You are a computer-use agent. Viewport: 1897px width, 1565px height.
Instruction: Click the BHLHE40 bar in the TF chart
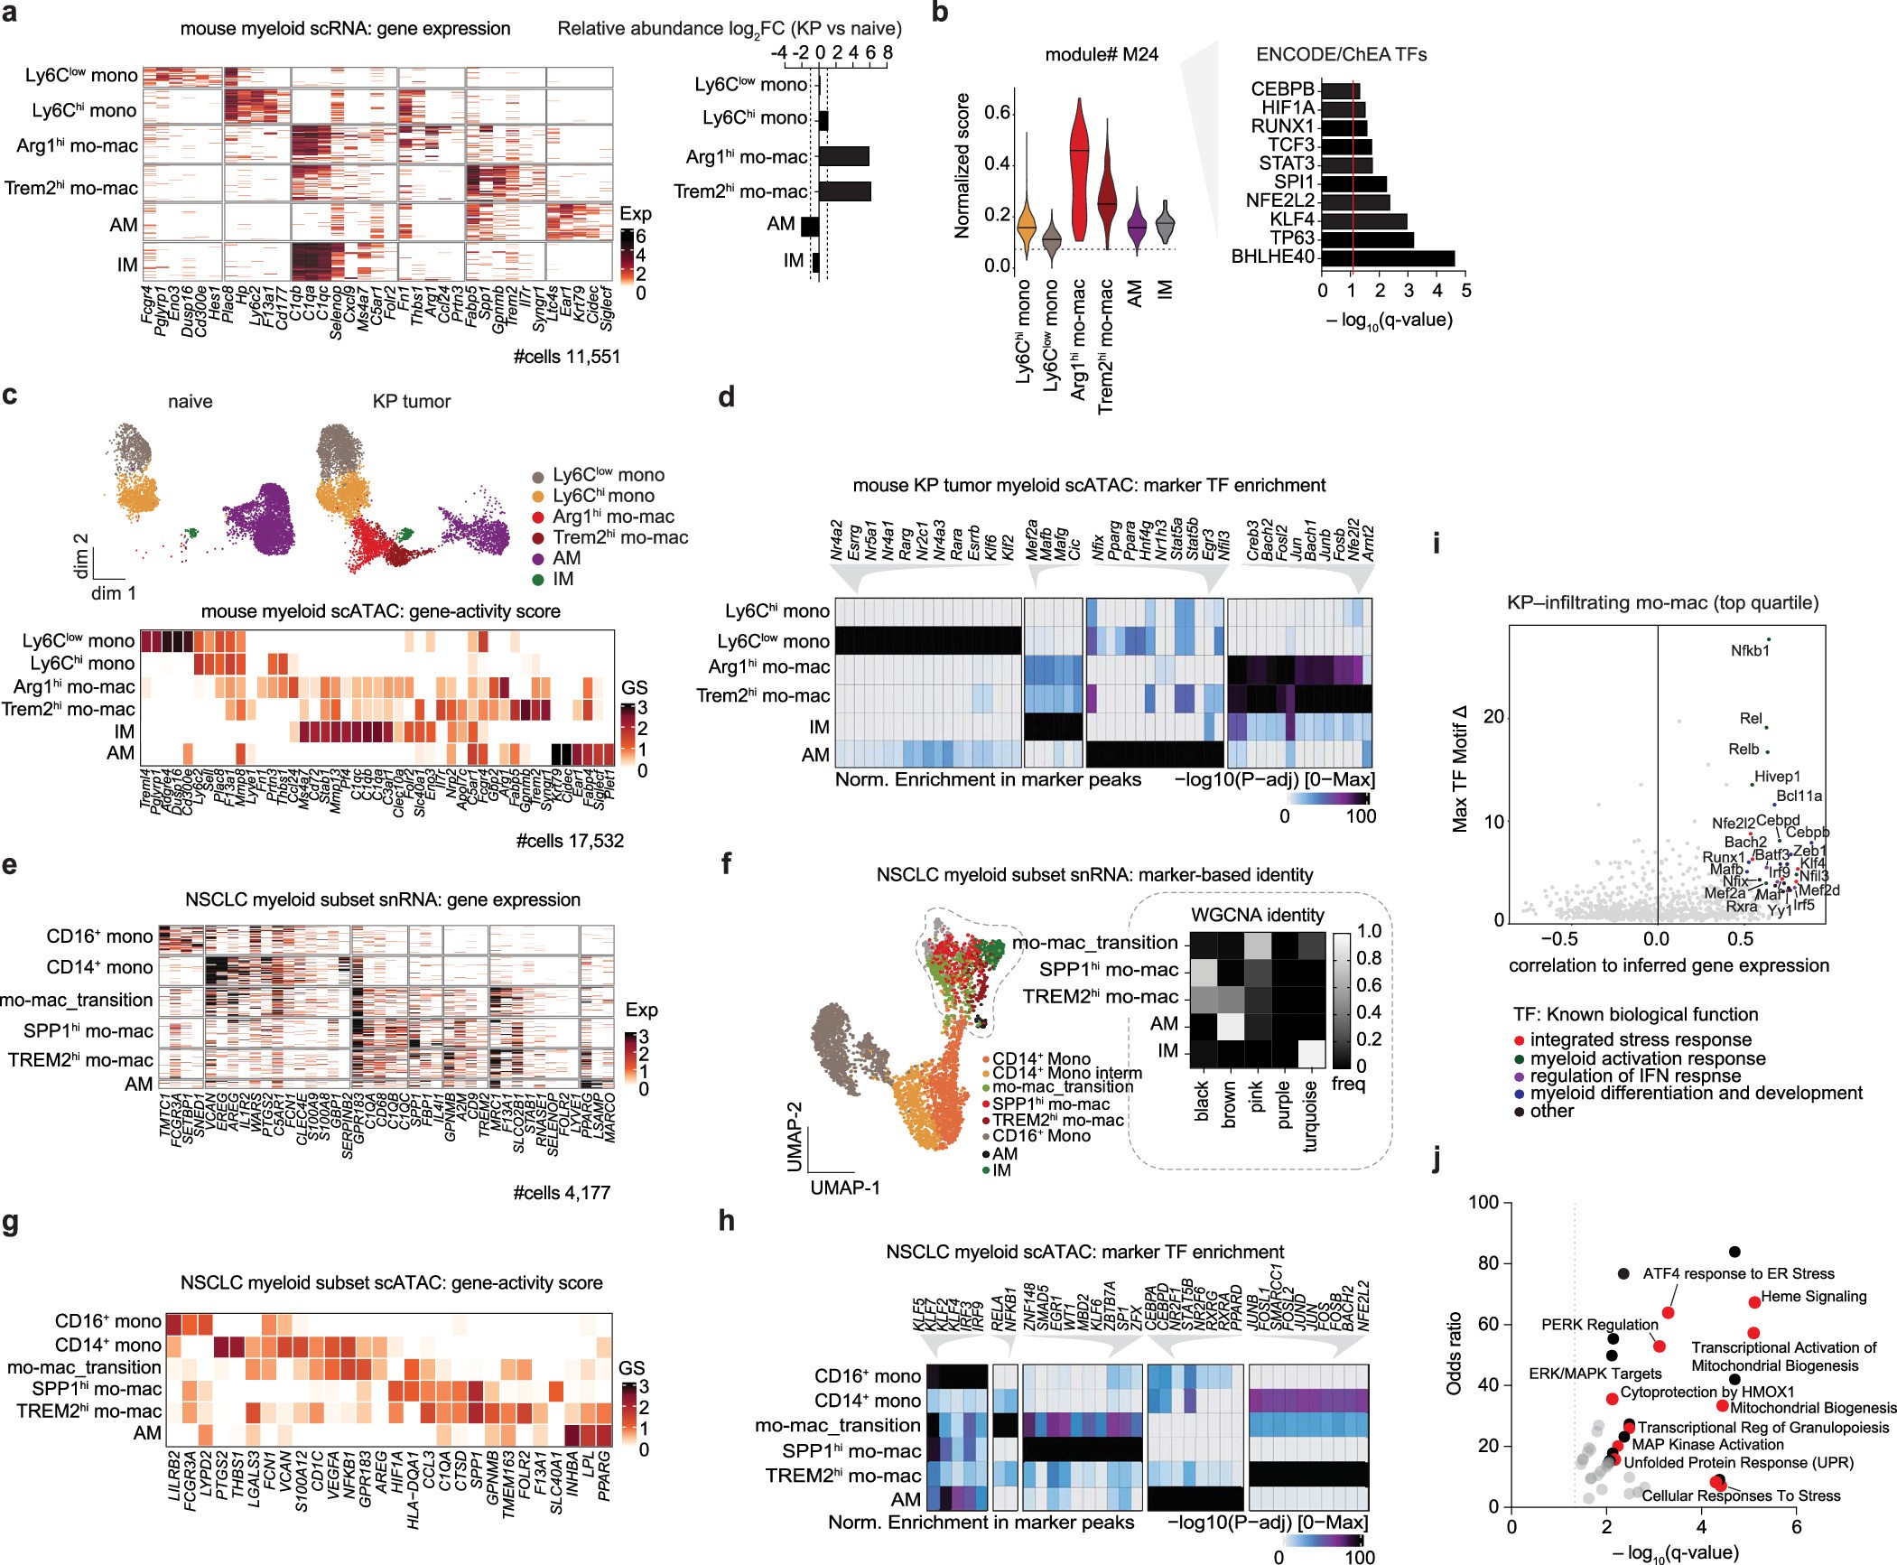coord(1388,257)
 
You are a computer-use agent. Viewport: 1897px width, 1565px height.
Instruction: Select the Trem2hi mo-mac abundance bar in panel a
coord(844,191)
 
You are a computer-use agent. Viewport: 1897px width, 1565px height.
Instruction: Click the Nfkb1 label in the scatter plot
coord(1750,650)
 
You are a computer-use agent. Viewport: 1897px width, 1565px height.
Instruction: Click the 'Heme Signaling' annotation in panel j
coord(1813,1297)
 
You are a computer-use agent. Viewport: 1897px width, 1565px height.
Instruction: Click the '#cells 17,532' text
coord(570,841)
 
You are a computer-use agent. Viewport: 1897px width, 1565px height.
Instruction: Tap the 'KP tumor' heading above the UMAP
coord(411,401)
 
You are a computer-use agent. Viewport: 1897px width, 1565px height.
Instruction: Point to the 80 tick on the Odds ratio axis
coord(1488,1262)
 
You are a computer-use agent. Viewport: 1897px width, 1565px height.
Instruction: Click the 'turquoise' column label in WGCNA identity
coord(1311,1116)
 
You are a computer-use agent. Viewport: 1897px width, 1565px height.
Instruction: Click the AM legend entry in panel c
coord(566,558)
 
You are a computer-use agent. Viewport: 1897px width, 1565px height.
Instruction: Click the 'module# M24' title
coord(1102,54)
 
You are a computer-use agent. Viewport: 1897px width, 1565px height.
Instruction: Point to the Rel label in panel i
coord(1750,719)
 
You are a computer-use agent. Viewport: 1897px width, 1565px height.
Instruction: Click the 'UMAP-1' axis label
coord(844,1188)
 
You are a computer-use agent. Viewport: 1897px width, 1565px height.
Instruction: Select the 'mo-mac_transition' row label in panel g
coord(84,1367)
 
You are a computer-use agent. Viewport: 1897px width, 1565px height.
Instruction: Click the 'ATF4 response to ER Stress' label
coord(1738,1274)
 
